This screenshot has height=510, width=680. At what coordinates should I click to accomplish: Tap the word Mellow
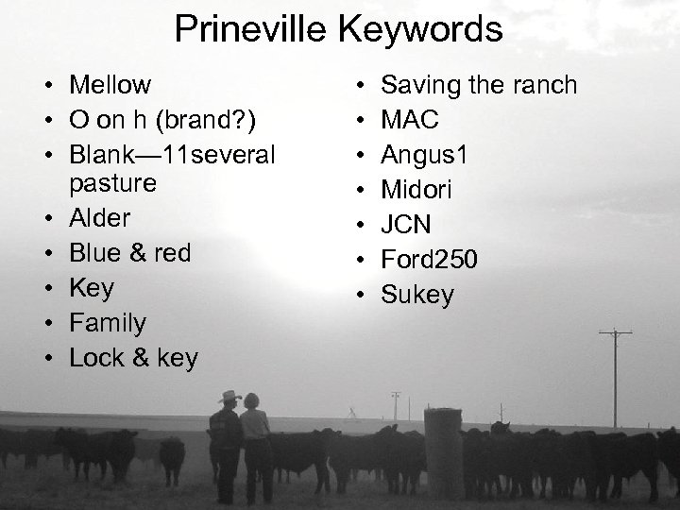click(110, 85)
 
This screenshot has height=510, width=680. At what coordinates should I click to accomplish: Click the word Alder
click(100, 218)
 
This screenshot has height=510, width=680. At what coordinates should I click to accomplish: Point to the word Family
click(108, 324)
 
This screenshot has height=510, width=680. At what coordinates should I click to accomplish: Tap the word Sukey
click(416, 296)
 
